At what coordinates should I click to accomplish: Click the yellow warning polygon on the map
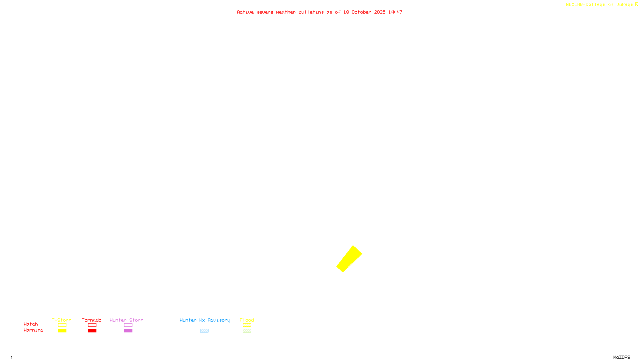(x=349, y=259)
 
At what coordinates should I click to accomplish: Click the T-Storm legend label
(x=62, y=320)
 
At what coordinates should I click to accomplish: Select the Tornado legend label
(x=92, y=320)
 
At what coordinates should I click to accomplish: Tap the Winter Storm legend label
(x=126, y=320)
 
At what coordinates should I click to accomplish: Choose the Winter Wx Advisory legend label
(x=205, y=320)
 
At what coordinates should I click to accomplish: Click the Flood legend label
(x=247, y=320)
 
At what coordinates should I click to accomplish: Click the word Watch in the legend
(x=31, y=324)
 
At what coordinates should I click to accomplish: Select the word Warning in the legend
(x=33, y=330)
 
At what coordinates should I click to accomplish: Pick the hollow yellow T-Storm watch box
(x=62, y=325)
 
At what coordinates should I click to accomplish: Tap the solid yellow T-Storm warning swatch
(x=62, y=331)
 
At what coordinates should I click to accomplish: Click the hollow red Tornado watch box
(x=92, y=325)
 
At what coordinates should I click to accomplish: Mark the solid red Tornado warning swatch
(x=92, y=331)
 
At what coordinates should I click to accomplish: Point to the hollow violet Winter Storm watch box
(x=128, y=325)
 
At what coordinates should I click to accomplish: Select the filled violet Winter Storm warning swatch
(x=128, y=331)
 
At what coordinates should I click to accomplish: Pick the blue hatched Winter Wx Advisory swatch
(x=204, y=331)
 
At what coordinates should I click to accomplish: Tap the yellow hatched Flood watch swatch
(x=247, y=325)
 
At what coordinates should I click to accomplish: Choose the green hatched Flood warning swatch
(x=247, y=331)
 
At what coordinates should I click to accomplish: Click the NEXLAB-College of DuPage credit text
(x=600, y=5)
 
